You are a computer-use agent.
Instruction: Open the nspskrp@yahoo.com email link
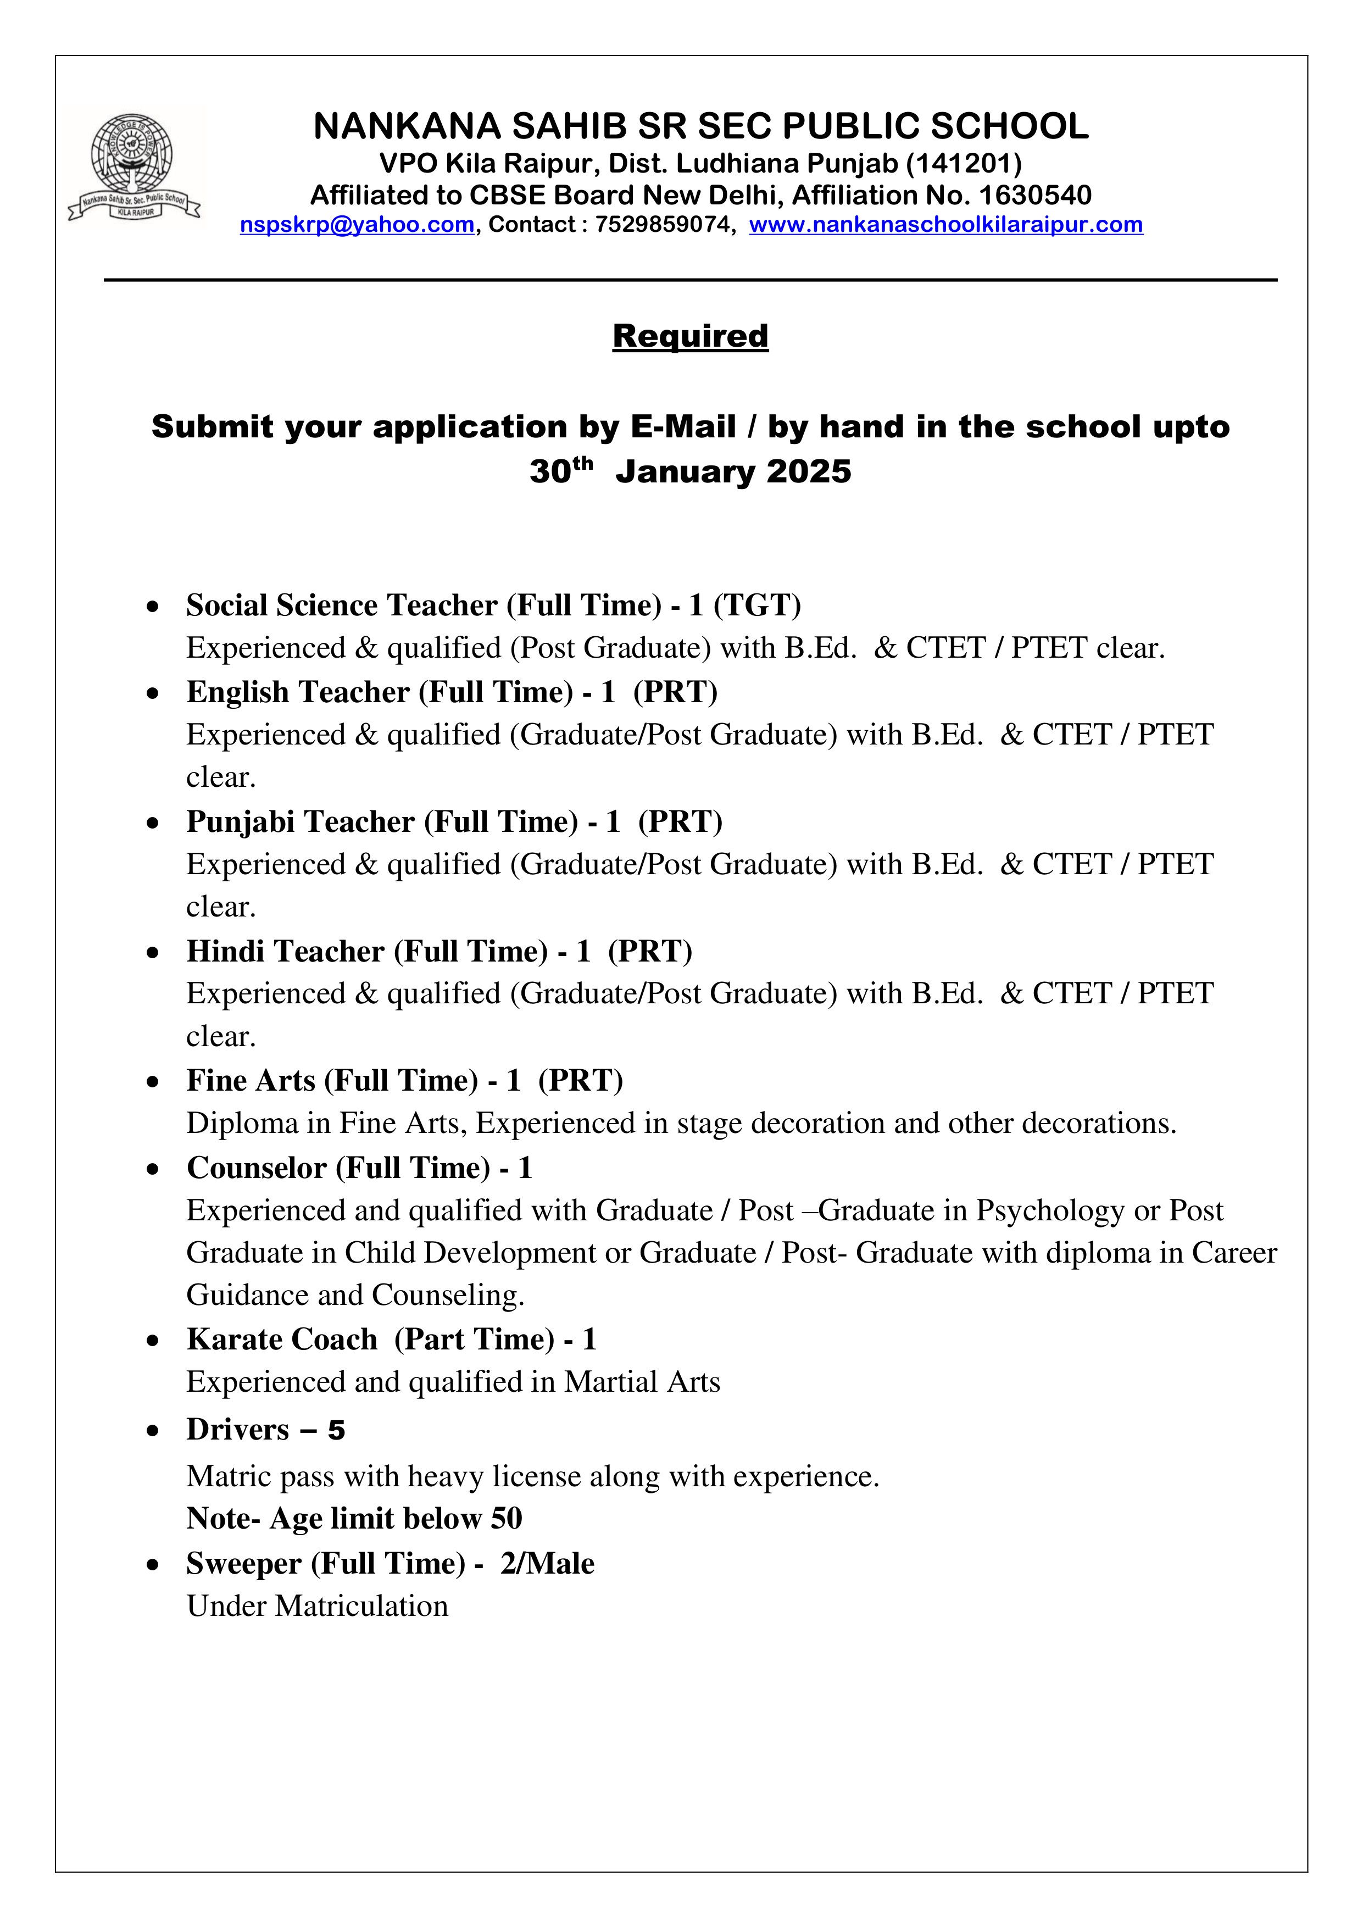(x=357, y=225)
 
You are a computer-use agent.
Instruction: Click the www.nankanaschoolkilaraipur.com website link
(x=945, y=225)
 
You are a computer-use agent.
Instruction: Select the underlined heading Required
(x=691, y=336)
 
